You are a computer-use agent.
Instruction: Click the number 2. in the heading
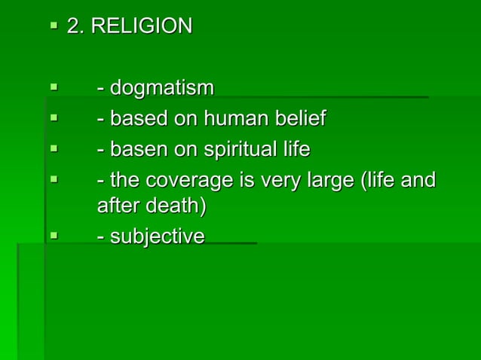point(75,27)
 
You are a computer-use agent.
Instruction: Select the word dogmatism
point(162,89)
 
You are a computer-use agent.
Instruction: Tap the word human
point(225,119)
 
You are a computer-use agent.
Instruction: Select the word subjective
point(157,236)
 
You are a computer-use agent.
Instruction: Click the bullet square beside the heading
point(54,26)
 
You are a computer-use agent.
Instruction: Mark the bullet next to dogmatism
point(54,88)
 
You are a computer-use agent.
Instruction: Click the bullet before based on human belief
point(54,118)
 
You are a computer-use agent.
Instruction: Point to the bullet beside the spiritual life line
point(54,148)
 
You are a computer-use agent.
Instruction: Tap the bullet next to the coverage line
point(54,180)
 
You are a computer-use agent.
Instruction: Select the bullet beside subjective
point(54,236)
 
